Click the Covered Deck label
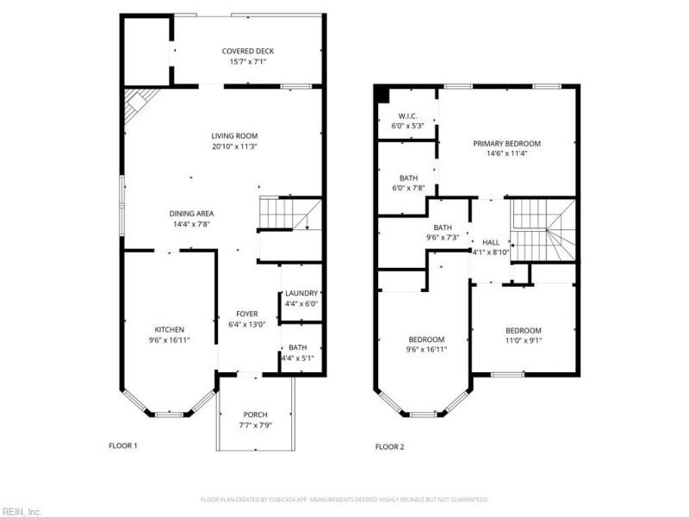point(248,51)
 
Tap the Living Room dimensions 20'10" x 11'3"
point(235,146)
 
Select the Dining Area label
point(191,214)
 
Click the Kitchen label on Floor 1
point(169,330)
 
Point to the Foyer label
point(247,314)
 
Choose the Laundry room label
point(301,293)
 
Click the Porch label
point(255,414)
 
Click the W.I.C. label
point(408,115)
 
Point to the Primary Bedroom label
point(506,143)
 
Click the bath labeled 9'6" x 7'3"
point(444,227)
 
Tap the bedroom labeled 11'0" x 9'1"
point(523,331)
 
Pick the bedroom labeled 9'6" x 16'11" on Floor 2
point(426,339)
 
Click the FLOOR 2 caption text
point(389,446)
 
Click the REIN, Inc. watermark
point(22,511)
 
